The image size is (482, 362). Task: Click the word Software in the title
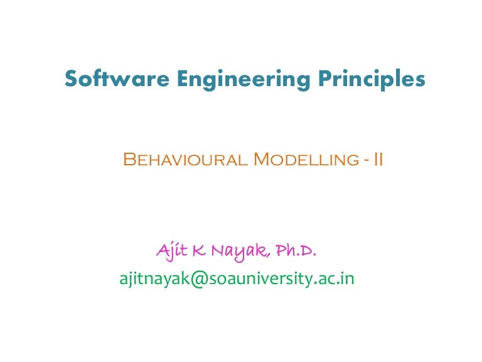[108, 79]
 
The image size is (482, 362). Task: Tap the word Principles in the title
[371, 80]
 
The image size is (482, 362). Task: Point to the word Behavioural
[185, 160]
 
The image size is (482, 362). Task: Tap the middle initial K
[199, 252]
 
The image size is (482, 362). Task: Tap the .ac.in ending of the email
[333, 278]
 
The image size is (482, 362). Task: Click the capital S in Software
[72, 79]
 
